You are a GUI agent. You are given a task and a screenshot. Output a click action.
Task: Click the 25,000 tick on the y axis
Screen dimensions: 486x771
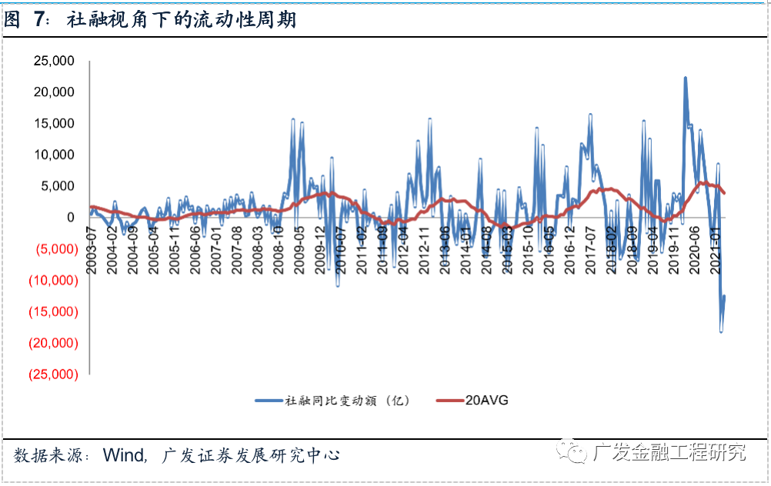pyautogui.click(x=55, y=61)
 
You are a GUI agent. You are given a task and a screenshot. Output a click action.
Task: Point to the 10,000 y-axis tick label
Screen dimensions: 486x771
pyautogui.click(x=55, y=155)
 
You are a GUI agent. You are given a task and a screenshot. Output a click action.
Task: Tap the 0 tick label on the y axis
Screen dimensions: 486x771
pyautogui.click(x=71, y=218)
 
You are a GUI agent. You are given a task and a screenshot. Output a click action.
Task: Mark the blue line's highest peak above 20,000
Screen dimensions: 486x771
pyautogui.click(x=685, y=78)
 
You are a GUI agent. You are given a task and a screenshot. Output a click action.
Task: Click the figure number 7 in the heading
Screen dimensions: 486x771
pyautogui.click(x=39, y=21)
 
